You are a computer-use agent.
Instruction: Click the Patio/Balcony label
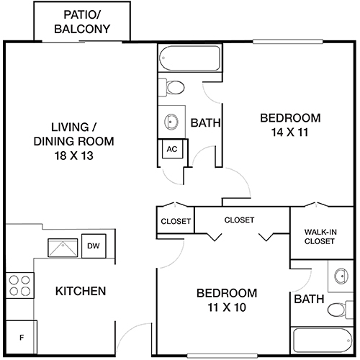tap(83, 22)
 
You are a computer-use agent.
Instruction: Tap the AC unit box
tap(171, 149)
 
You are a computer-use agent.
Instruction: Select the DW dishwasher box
tap(93, 246)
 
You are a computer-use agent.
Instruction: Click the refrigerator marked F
tap(21, 337)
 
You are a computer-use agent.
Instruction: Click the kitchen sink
tap(63, 248)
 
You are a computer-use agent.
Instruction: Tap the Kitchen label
tap(81, 292)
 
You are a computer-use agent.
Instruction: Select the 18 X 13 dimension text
tap(69, 155)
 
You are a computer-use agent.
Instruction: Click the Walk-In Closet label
tap(319, 236)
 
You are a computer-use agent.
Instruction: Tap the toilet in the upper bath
tap(174, 87)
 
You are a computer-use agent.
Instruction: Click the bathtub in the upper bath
tap(189, 57)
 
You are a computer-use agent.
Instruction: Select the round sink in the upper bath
tap(172, 120)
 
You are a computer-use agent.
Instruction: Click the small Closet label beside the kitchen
tap(176, 221)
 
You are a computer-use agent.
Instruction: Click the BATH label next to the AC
tap(205, 124)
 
